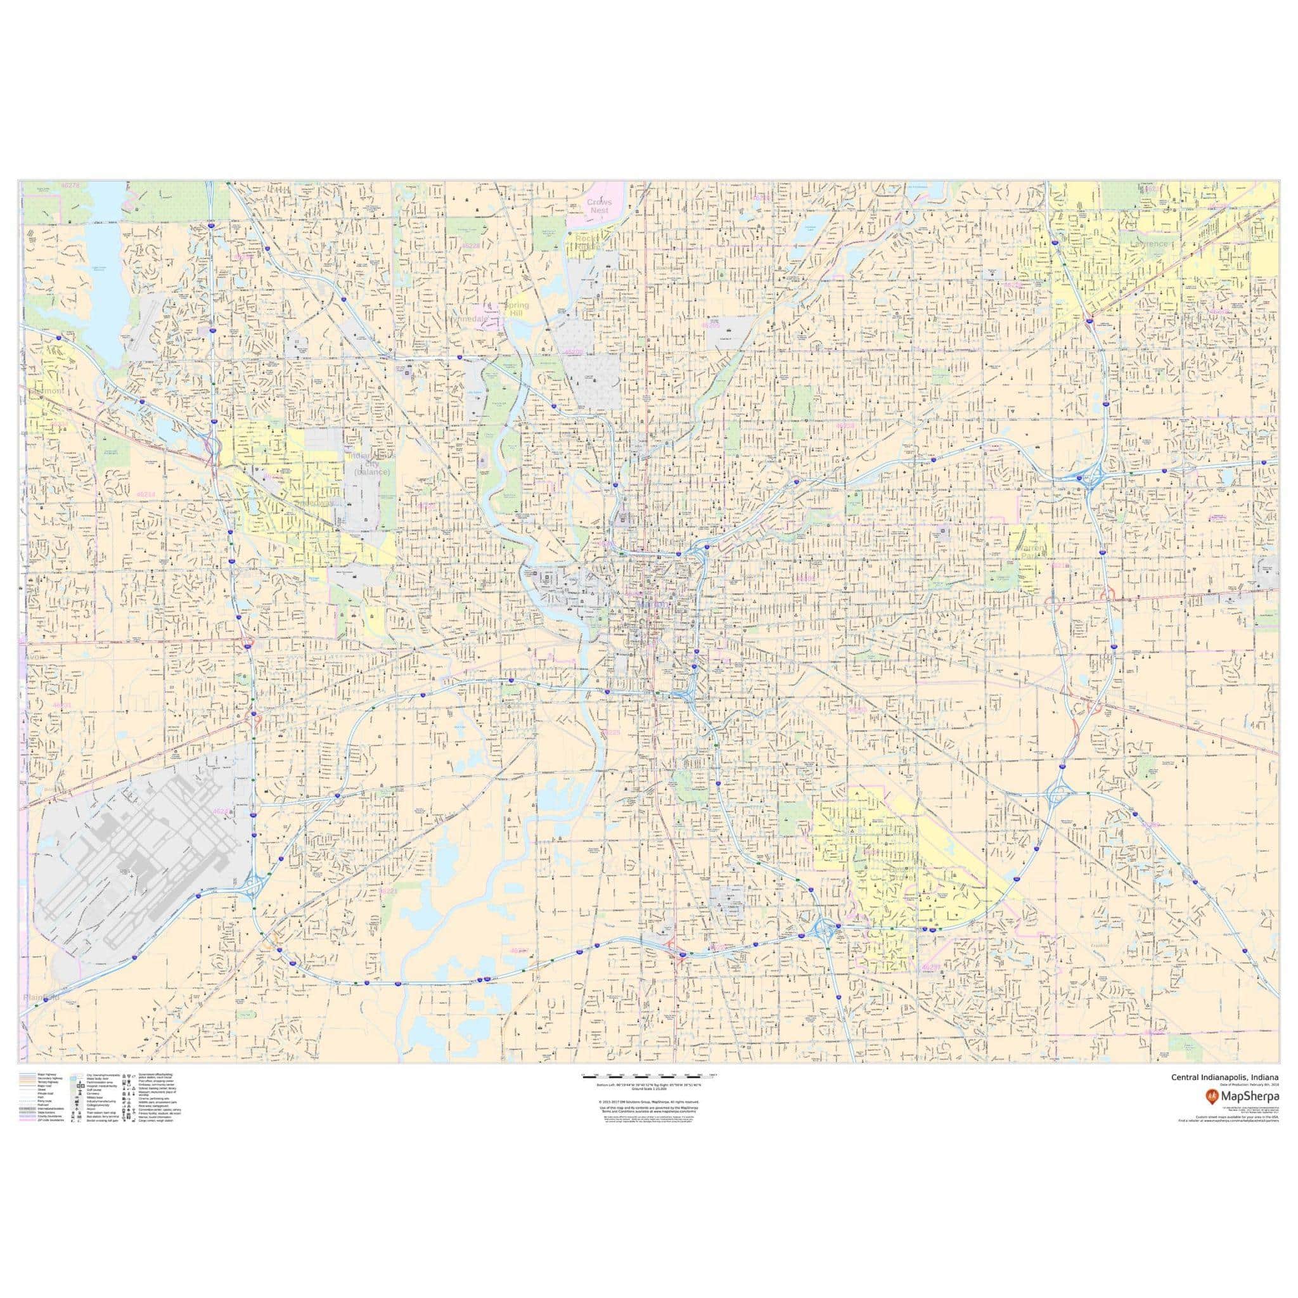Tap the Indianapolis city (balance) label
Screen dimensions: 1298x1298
(371, 463)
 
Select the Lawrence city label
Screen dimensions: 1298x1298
(1148, 243)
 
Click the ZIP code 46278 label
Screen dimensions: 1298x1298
(70, 185)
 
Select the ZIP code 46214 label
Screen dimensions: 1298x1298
(146, 494)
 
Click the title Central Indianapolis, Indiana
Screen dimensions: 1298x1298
(1224, 1095)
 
